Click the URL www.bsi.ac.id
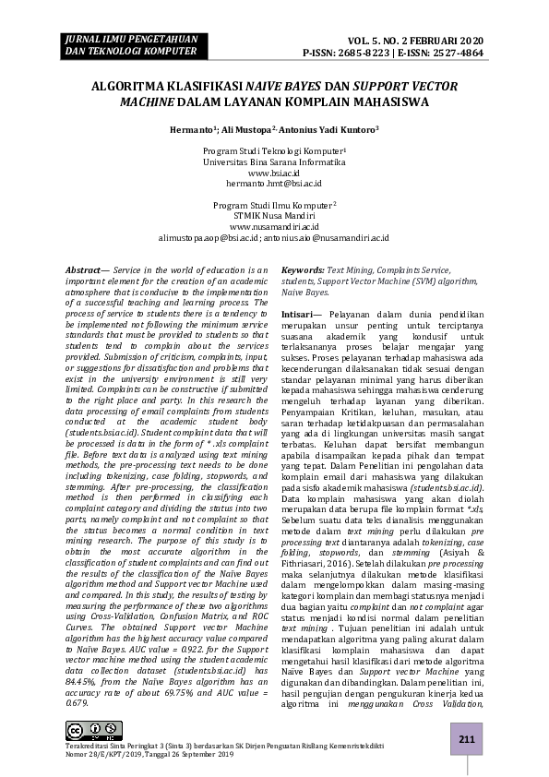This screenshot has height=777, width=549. [274, 173]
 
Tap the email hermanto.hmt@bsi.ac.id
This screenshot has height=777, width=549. [274, 184]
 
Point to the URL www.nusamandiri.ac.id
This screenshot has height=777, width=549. [274, 226]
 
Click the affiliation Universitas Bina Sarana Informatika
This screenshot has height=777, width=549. [274, 161]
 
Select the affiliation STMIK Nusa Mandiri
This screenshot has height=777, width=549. [274, 215]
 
